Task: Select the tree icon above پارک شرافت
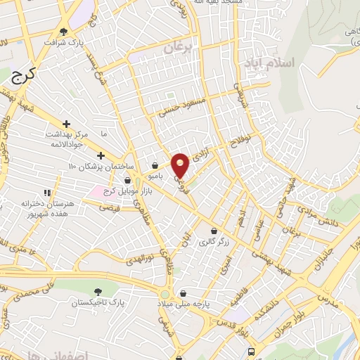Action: click(65, 31)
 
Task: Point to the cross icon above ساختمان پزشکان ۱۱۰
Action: click(101, 155)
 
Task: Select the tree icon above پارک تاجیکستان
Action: click(97, 291)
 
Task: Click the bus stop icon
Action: click(252, 352)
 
